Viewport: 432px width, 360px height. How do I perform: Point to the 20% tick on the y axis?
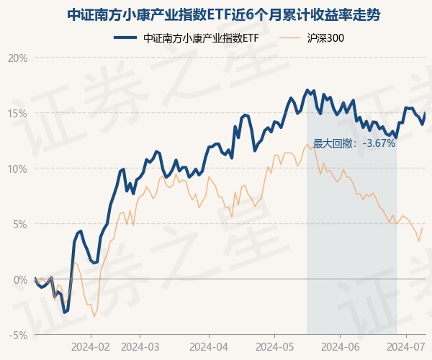coord(17,58)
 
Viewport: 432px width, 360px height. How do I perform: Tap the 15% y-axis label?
coord(17,113)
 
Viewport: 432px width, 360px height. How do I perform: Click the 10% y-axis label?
coord(17,168)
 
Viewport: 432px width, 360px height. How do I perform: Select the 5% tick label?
coord(19,224)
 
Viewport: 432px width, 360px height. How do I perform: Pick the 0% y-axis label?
coord(19,279)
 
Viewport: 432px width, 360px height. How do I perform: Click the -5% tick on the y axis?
coord(18,335)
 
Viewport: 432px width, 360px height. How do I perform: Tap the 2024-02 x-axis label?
coord(91,346)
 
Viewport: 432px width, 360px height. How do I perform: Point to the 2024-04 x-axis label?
coord(209,346)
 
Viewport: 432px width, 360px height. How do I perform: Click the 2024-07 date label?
coord(407,346)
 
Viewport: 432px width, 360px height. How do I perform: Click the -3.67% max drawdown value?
coord(379,143)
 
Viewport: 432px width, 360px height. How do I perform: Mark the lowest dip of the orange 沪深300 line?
coord(94,316)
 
